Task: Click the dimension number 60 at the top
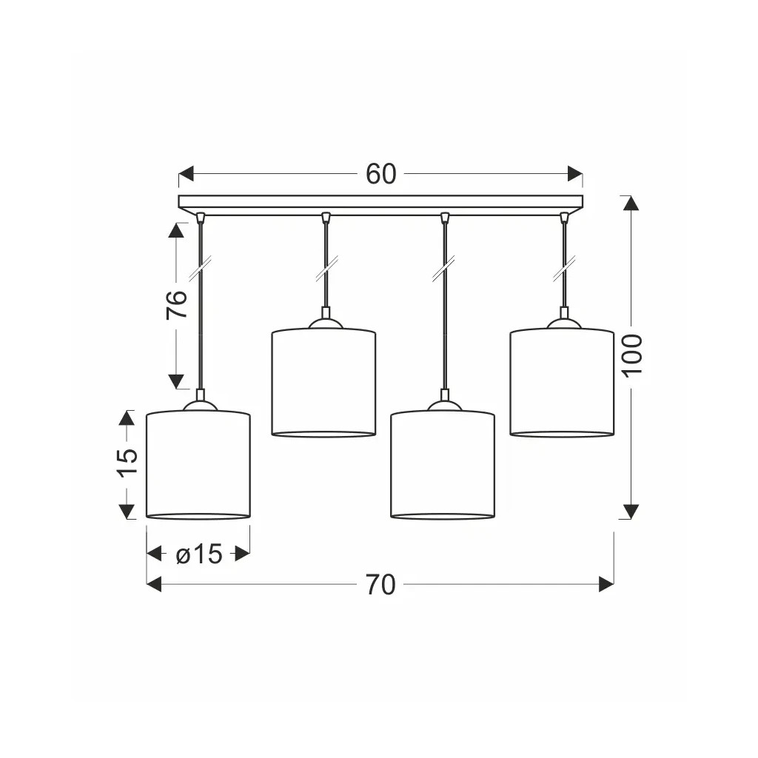[x=381, y=174]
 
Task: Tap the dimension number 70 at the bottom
[x=380, y=585]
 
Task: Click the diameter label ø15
[x=198, y=554]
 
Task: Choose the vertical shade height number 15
[x=128, y=463]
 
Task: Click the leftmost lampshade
[x=198, y=465]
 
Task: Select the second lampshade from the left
[x=323, y=383]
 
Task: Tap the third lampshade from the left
[x=443, y=465]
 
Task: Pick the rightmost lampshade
[x=562, y=383]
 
